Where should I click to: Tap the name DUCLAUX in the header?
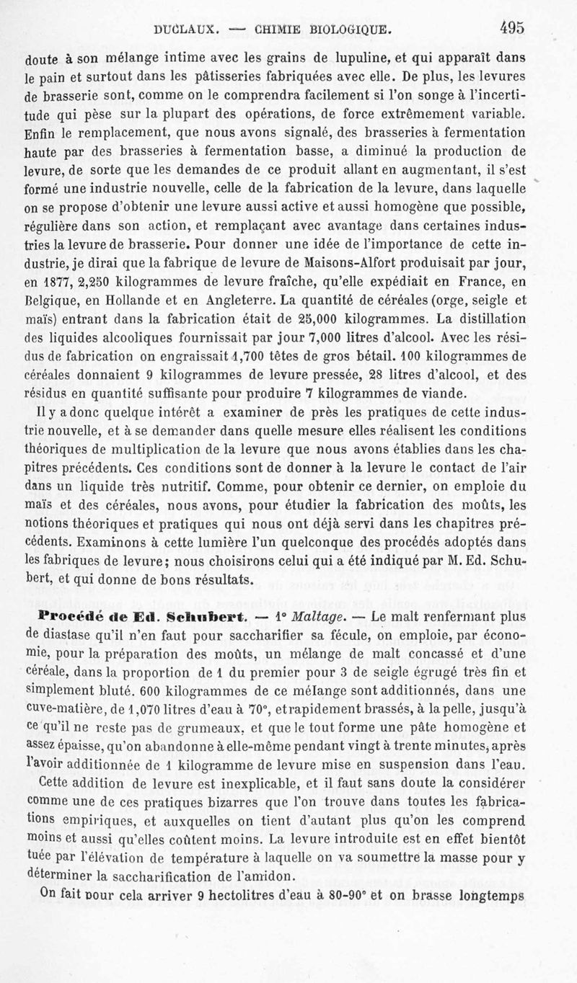click(184, 30)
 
